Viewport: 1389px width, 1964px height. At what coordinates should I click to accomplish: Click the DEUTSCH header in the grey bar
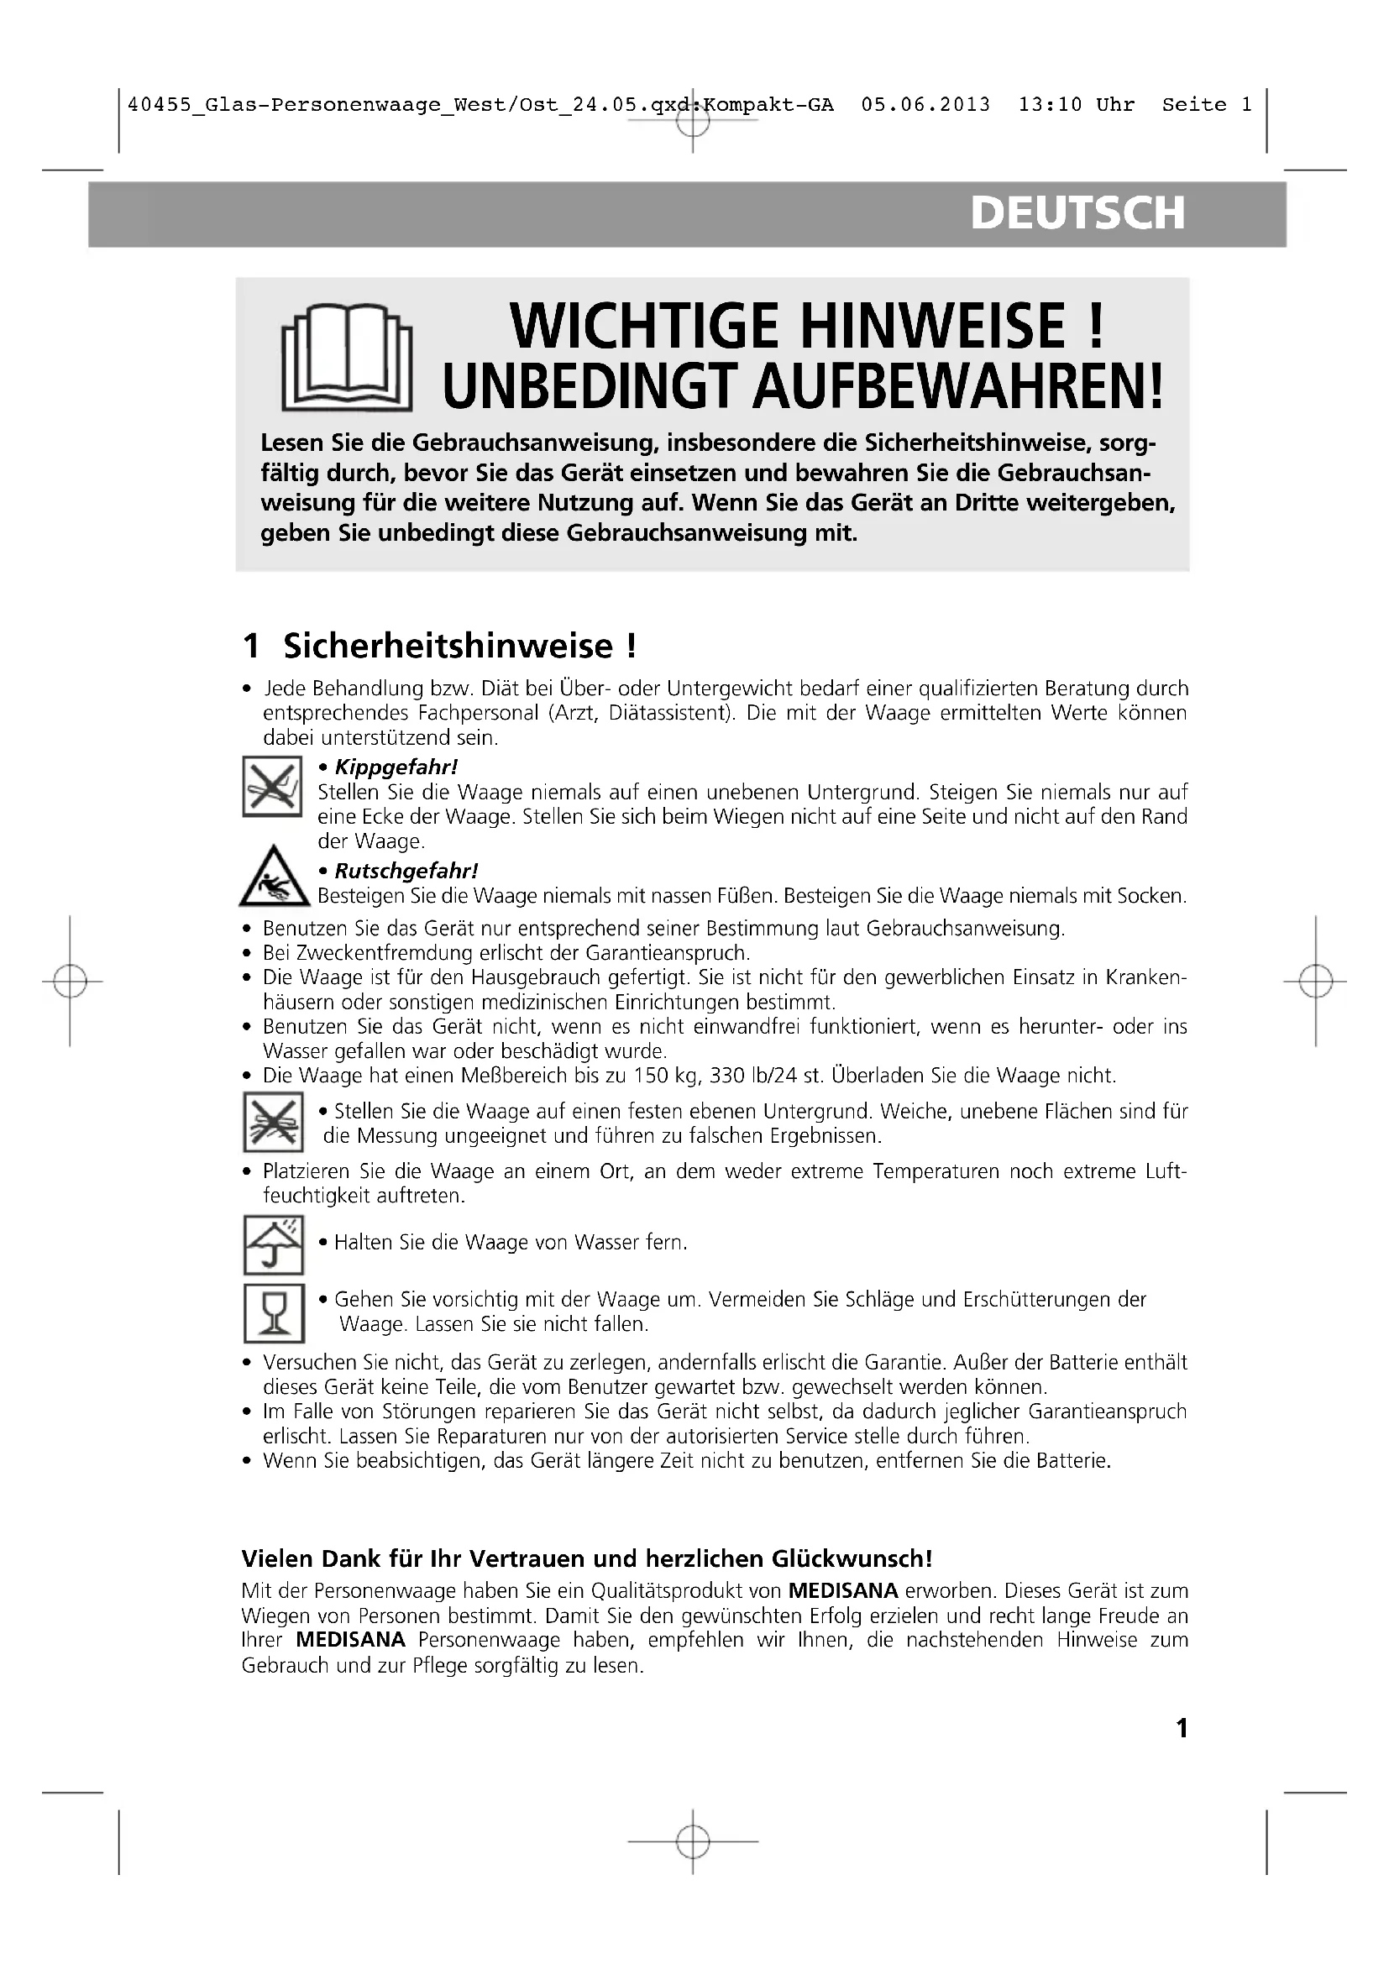click(1077, 214)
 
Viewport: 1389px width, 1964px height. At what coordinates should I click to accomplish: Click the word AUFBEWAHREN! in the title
click(958, 386)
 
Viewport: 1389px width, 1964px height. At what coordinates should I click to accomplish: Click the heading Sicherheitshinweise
click(448, 646)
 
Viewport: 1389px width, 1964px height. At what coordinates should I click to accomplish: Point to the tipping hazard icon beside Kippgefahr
click(273, 786)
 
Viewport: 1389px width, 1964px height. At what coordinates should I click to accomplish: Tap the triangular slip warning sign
click(275, 877)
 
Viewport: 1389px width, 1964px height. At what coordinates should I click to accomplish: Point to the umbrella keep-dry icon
click(274, 1244)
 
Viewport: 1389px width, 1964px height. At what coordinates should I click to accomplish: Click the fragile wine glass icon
click(274, 1313)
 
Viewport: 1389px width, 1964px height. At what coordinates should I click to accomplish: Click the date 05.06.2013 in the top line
click(925, 105)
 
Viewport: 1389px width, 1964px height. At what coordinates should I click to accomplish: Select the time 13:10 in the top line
click(1051, 105)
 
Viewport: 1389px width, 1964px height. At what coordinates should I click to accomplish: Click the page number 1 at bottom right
click(1182, 1728)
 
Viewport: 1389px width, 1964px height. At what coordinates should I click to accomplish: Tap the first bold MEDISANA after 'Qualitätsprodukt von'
click(842, 1591)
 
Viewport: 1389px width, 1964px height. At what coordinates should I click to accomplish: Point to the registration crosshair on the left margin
click(71, 981)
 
